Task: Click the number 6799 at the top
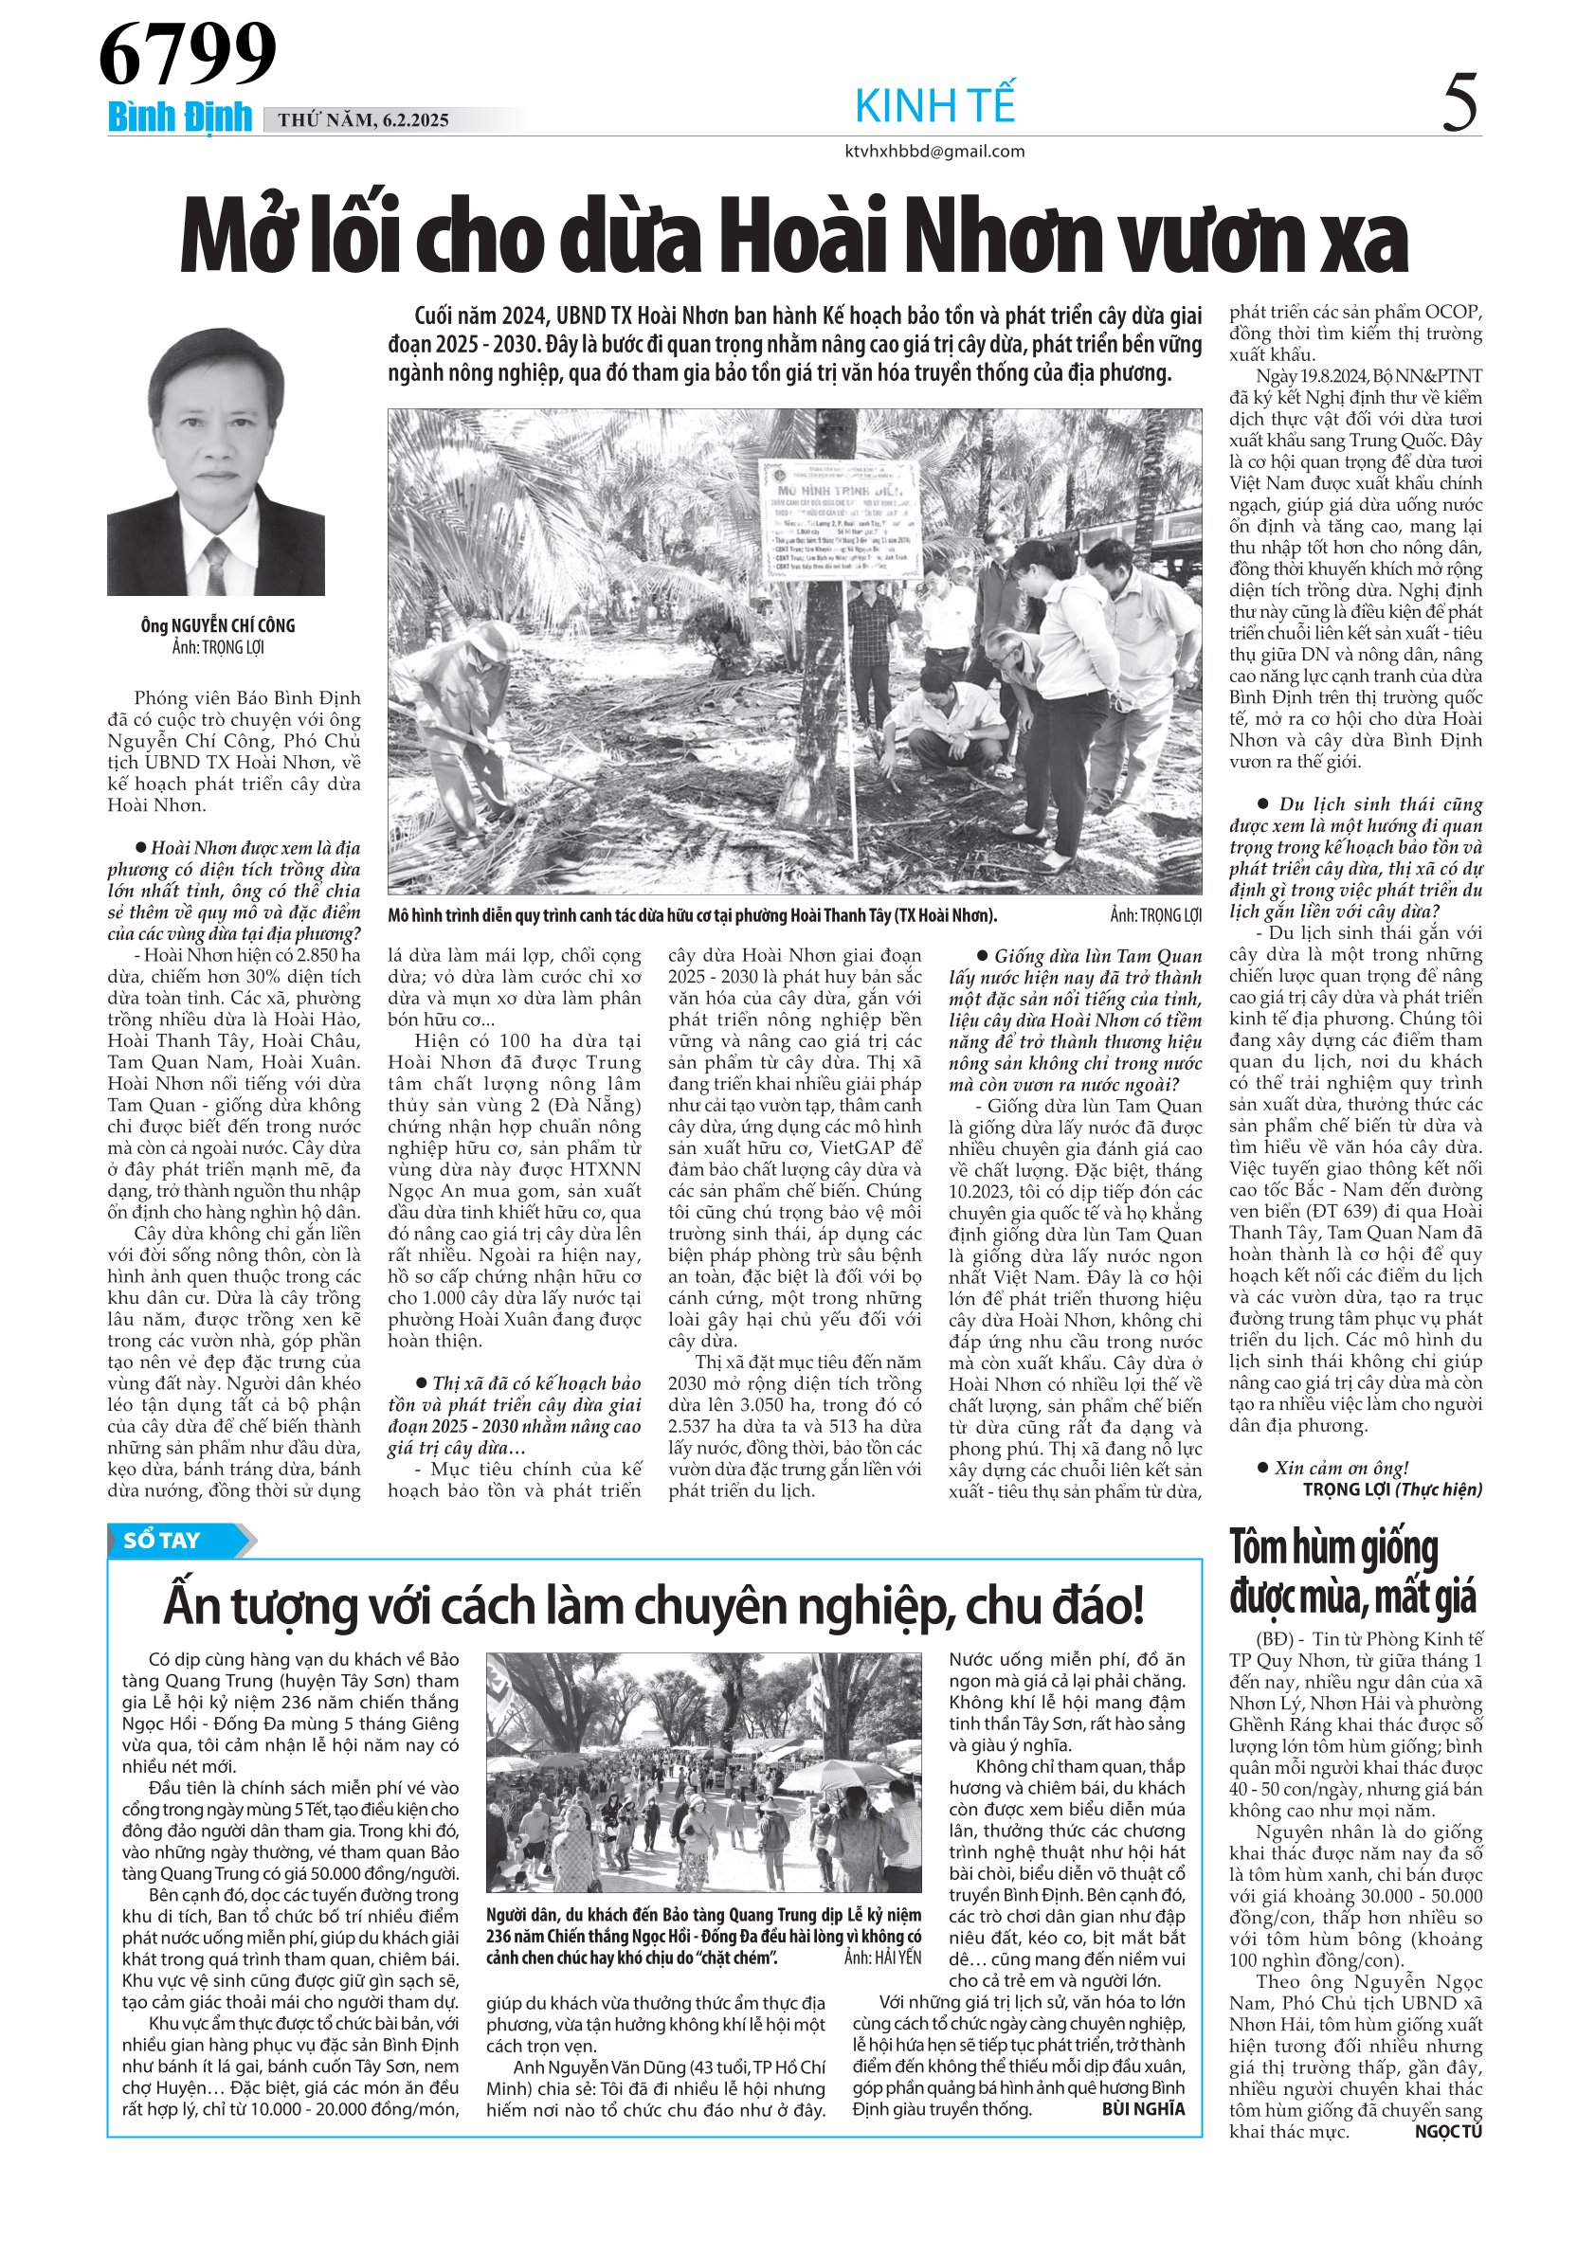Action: pyautogui.click(x=187, y=54)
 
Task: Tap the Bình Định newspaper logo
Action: pyautogui.click(x=180, y=117)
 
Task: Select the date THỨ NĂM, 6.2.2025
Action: pyautogui.click(x=363, y=121)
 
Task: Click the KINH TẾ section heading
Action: pyautogui.click(x=934, y=106)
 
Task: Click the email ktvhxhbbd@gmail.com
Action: pyautogui.click(x=934, y=152)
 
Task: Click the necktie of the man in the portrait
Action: pyautogui.click(x=215, y=565)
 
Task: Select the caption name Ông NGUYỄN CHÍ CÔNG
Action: pyautogui.click(x=217, y=626)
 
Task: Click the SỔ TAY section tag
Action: pyautogui.click(x=162, y=1540)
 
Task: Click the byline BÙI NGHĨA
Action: pyautogui.click(x=1143, y=2108)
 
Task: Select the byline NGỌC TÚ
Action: pyautogui.click(x=1447, y=2131)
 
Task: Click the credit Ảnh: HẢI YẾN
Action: pyautogui.click(x=882, y=1958)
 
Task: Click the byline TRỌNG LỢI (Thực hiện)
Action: pyautogui.click(x=1391, y=1489)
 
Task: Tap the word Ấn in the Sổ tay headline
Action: pyautogui.click(x=191, y=1608)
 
